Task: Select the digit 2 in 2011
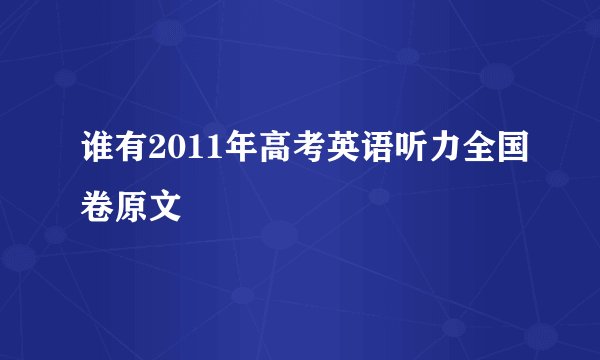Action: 151,150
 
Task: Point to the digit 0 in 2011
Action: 168,150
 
